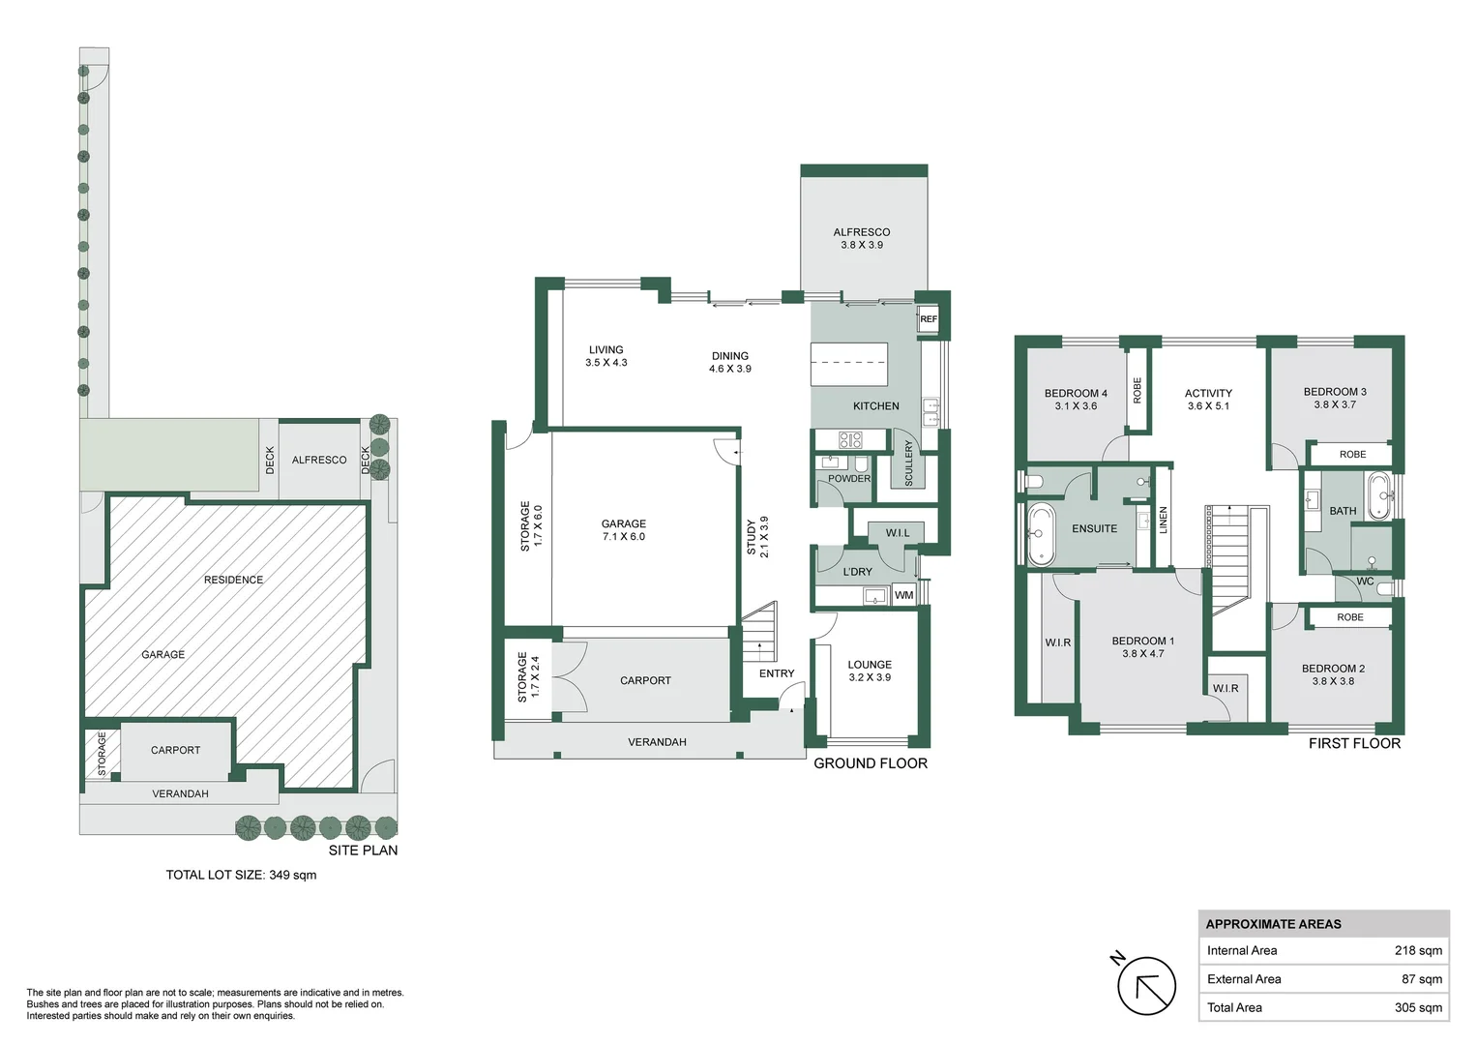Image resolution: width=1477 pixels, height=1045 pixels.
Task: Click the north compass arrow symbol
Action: (1146, 986)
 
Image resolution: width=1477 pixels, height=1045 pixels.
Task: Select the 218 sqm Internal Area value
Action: (1417, 950)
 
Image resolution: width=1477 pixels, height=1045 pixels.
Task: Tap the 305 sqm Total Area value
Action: (1417, 1007)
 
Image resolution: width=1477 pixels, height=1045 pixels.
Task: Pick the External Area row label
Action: (1244, 979)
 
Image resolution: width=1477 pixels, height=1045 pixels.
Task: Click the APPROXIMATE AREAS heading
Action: (1273, 924)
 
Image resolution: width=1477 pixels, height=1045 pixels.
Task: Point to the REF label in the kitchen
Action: (928, 319)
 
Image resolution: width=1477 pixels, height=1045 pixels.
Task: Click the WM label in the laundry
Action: (903, 595)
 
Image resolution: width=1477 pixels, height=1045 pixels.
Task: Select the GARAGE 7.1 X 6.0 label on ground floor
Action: (624, 530)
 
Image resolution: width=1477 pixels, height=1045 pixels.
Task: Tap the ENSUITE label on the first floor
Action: (1094, 529)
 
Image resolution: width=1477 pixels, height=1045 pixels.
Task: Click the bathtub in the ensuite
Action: (1041, 533)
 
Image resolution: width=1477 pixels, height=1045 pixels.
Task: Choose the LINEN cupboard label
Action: (1164, 521)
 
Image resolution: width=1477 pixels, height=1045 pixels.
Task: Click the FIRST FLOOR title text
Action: (1353, 743)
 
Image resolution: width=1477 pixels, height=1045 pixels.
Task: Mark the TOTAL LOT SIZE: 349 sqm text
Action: (241, 875)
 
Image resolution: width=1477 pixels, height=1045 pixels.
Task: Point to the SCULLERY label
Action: (908, 463)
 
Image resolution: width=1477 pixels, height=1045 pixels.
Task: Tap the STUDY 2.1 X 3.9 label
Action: (757, 537)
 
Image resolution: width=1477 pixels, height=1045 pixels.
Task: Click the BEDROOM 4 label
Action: (1076, 400)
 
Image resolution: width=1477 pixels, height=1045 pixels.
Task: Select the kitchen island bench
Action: (848, 365)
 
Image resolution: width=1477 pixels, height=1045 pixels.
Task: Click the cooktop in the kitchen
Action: (849, 440)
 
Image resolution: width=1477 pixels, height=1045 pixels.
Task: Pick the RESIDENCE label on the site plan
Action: (233, 580)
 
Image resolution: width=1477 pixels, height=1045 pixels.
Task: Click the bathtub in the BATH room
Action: (1377, 495)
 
